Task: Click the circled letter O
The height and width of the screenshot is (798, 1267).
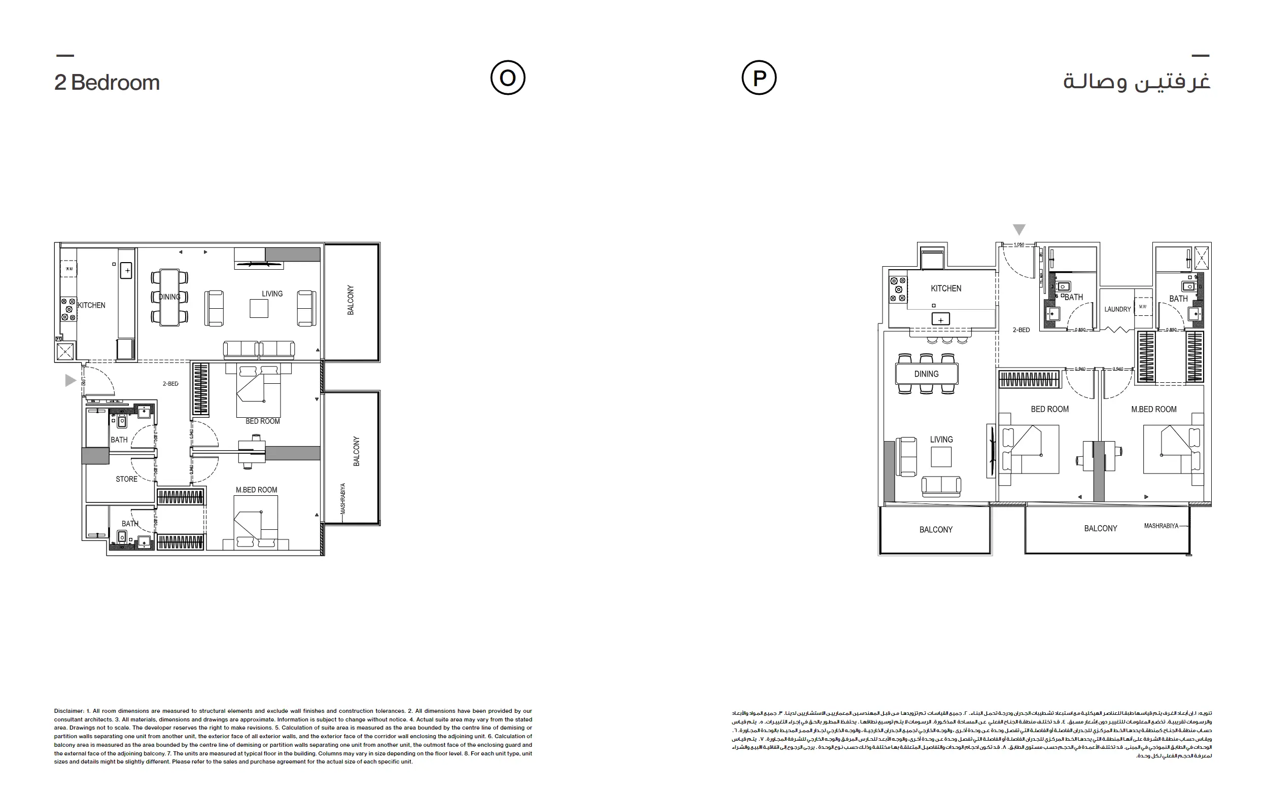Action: pos(508,78)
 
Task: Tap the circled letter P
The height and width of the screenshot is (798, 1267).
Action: pos(759,78)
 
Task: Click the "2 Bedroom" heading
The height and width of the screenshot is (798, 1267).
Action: pos(107,83)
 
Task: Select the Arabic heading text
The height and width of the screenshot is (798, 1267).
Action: pos(1137,82)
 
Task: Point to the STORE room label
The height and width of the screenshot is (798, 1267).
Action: pos(126,479)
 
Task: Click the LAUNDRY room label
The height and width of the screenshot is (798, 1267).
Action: pos(1117,309)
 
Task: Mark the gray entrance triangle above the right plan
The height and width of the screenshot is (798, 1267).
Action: pos(1019,229)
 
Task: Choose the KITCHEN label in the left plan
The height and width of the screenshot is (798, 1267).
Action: pos(92,305)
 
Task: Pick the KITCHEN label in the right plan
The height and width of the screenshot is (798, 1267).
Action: pos(945,288)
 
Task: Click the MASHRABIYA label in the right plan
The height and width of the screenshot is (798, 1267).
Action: pos(1161,526)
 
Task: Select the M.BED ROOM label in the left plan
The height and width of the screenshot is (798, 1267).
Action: pos(256,490)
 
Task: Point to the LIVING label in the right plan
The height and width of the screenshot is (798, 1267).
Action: pos(941,439)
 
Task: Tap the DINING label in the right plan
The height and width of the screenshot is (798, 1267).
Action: pos(926,374)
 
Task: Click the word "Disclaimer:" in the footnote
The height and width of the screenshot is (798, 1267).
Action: pos(69,711)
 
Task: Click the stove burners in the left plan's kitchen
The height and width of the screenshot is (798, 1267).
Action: pos(68,309)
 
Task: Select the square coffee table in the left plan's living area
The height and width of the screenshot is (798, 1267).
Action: pos(259,308)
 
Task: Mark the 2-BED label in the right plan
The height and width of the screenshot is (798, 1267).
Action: pos(1022,330)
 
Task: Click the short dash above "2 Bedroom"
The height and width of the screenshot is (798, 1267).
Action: pos(65,55)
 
